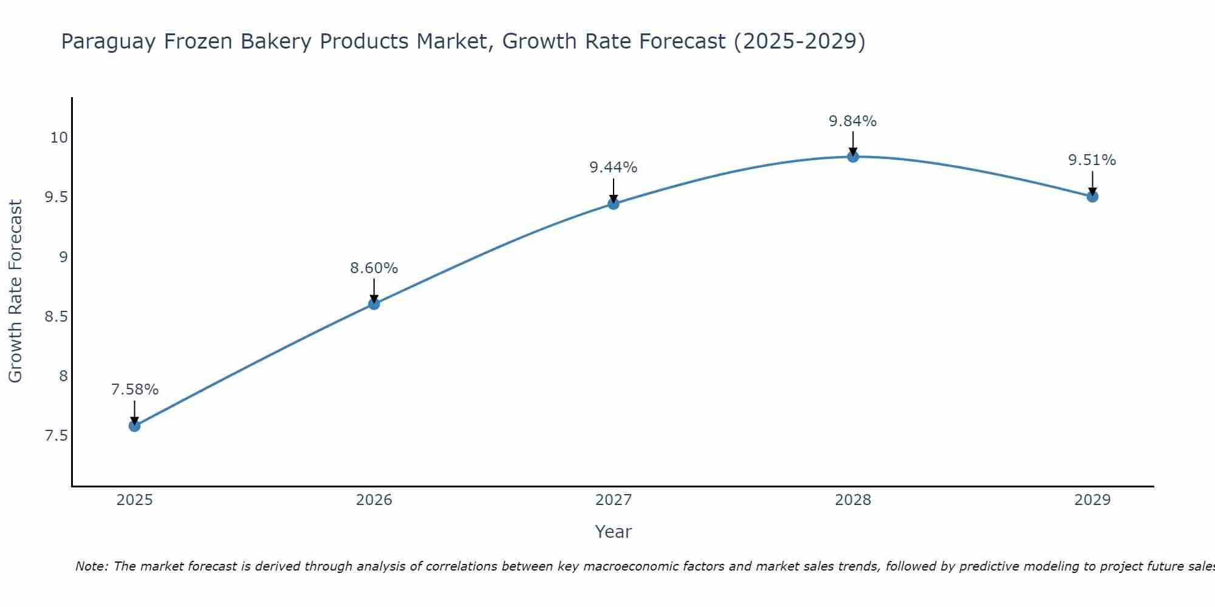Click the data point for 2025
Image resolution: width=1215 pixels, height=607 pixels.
coord(134,426)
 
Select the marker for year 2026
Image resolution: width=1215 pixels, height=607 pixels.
coord(374,304)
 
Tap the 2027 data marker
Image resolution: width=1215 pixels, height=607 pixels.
coord(614,204)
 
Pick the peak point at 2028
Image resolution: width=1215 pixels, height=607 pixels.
coord(853,157)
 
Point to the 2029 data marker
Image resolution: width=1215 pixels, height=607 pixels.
coord(1092,196)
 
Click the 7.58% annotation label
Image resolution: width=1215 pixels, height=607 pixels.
coord(134,390)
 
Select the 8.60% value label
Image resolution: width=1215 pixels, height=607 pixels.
coord(374,268)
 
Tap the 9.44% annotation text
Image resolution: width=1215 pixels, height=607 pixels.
coord(614,168)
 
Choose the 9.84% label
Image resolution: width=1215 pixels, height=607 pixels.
coord(853,121)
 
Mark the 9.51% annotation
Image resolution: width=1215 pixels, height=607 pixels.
coord(1092,160)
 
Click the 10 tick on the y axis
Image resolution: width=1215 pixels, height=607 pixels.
coord(59,138)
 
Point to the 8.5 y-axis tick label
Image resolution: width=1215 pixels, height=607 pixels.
coord(56,317)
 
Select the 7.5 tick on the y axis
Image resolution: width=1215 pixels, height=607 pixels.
coord(56,436)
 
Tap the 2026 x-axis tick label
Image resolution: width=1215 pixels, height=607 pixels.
coord(374,500)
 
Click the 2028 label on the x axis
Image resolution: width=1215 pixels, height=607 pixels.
coord(853,500)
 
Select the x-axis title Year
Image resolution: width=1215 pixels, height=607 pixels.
coord(614,532)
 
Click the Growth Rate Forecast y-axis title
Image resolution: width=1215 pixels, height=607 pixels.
coord(15,291)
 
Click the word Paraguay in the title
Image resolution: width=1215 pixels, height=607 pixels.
coord(109,42)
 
